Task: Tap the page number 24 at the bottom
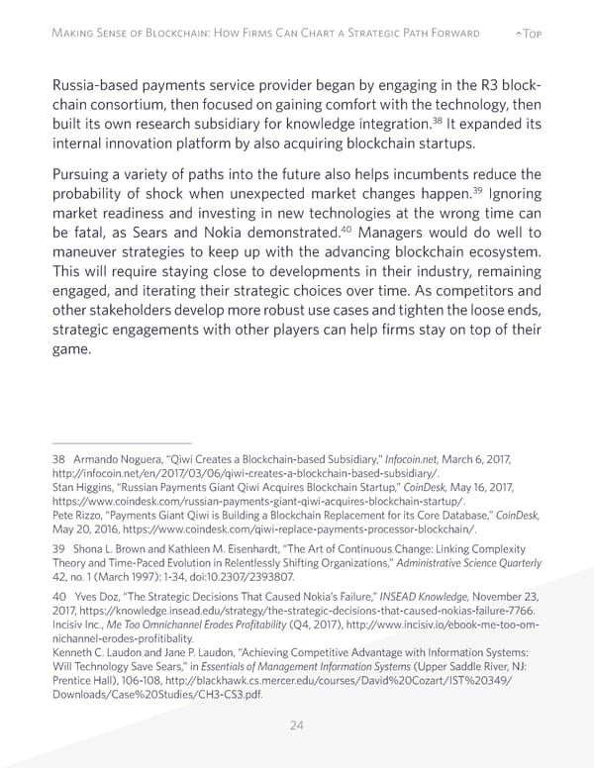(x=296, y=724)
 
